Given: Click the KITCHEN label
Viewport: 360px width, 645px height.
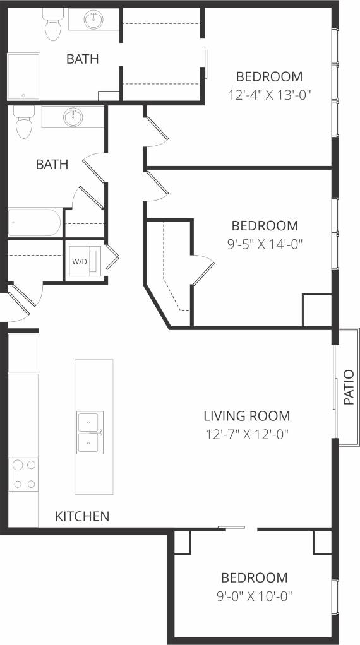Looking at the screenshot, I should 83,516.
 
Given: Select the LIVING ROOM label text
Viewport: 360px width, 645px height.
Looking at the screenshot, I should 246,416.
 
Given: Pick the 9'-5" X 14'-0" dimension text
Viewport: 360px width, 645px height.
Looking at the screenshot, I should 265,244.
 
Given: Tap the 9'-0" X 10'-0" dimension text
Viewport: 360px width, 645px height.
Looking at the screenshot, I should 255,595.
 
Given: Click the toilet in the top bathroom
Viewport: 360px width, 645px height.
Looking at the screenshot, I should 51,25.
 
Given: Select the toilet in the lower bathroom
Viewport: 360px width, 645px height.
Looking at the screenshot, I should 24,123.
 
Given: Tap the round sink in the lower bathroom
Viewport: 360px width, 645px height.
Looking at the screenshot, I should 73,116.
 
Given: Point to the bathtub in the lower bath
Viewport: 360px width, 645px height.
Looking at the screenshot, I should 34,223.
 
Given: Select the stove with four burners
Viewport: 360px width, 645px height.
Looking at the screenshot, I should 23,474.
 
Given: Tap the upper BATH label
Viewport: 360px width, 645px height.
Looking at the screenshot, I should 83,59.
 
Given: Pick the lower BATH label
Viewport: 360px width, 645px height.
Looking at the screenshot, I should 52,164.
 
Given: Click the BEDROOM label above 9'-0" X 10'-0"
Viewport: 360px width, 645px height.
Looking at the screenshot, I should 254,577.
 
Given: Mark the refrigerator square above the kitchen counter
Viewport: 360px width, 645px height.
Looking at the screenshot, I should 24,353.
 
